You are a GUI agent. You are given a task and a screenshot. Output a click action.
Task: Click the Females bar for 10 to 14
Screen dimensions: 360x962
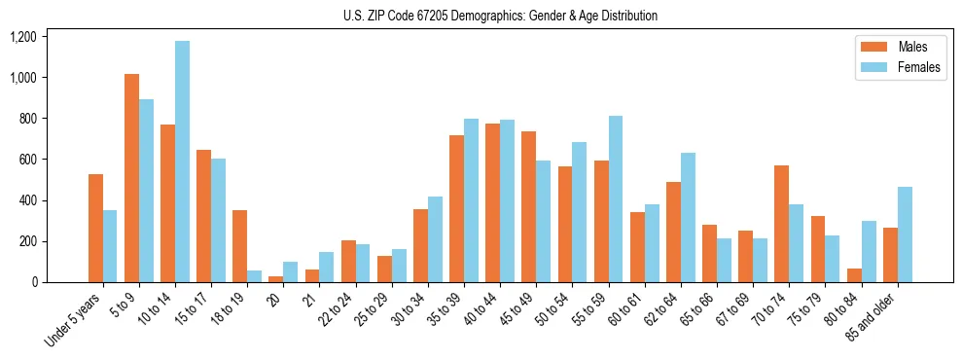(x=182, y=162)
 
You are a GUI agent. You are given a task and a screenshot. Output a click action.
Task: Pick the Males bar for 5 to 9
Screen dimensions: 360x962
(x=131, y=178)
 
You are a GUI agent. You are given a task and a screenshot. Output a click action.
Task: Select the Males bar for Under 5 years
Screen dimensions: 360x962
(x=95, y=229)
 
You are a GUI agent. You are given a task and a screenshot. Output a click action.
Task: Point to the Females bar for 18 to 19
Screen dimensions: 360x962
(x=254, y=276)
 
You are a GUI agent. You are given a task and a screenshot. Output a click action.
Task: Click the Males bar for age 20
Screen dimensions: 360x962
(x=276, y=279)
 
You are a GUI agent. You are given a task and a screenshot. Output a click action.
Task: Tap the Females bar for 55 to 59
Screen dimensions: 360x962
(x=616, y=199)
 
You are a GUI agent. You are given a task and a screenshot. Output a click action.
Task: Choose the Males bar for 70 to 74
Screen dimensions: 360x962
(x=781, y=224)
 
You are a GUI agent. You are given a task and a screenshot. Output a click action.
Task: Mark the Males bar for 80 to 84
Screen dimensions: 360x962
(x=854, y=275)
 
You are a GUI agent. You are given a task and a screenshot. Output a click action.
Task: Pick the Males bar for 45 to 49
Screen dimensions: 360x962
(x=528, y=207)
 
